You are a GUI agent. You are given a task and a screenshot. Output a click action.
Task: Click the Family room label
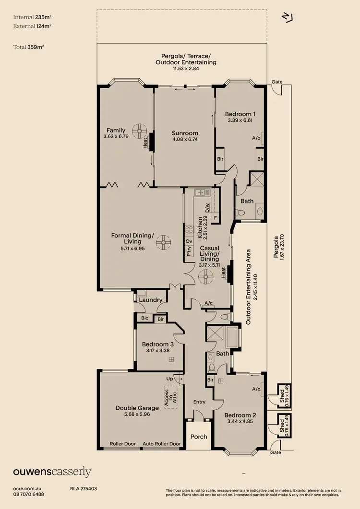click(x=116, y=130)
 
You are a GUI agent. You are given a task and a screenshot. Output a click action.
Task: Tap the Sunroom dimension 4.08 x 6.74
click(x=185, y=140)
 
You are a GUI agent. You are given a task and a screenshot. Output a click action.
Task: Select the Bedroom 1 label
click(x=240, y=114)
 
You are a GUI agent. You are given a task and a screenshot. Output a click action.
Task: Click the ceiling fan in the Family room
click(x=140, y=129)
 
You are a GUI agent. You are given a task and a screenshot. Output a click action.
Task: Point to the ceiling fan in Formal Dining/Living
click(x=166, y=242)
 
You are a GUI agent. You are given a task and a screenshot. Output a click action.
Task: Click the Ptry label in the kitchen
click(x=189, y=252)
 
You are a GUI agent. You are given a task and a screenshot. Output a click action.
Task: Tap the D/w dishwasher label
click(x=207, y=208)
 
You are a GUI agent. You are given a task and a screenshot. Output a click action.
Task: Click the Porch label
click(x=199, y=437)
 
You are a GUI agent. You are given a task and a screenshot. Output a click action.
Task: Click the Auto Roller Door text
click(x=162, y=444)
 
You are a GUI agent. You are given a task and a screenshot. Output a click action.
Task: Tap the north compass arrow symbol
click(x=288, y=17)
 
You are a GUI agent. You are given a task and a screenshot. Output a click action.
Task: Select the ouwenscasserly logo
click(x=52, y=472)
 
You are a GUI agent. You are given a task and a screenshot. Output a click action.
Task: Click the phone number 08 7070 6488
click(x=29, y=494)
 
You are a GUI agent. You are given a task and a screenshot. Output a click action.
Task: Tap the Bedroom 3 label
click(x=158, y=344)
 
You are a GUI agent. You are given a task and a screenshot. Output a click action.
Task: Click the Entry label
click(x=199, y=402)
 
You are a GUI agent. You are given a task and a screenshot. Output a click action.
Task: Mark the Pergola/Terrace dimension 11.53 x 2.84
click(x=186, y=69)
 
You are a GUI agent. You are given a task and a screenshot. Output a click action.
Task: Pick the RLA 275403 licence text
click(x=84, y=488)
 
